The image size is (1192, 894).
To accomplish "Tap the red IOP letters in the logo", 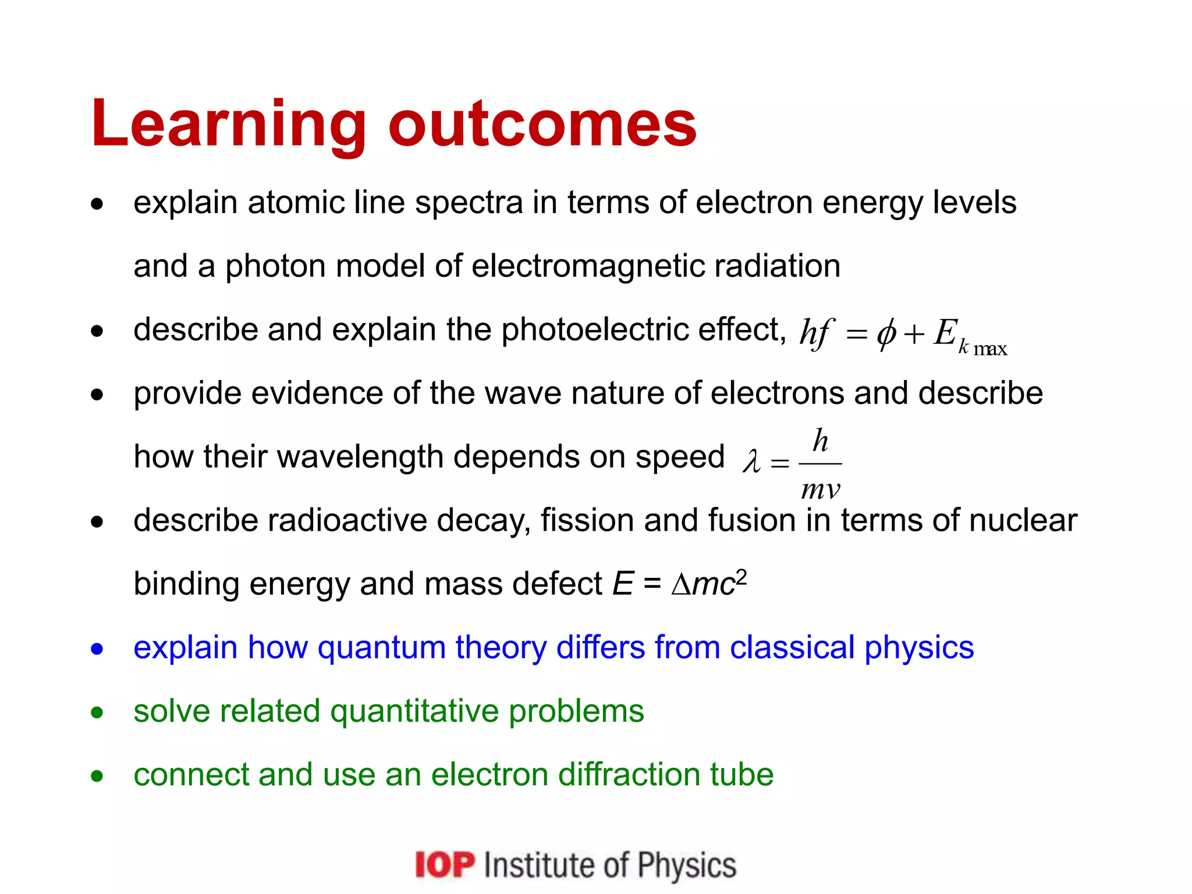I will click(x=445, y=864).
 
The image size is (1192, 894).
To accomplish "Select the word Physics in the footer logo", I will click(x=687, y=865).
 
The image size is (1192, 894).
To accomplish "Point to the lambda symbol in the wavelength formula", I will click(x=751, y=462).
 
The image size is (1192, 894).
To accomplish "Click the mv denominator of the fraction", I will click(x=820, y=489).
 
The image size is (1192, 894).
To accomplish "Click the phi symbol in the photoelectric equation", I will click(x=886, y=335).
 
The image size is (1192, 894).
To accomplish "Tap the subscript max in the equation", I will click(x=990, y=349).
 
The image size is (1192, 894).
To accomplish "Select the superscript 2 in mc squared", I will click(x=741, y=577).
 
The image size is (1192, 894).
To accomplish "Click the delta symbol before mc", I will click(x=680, y=585).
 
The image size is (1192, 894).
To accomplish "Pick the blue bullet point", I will click(x=97, y=648).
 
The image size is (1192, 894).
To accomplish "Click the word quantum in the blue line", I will click(x=381, y=648).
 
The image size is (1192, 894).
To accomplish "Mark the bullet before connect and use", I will click(x=97, y=776).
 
